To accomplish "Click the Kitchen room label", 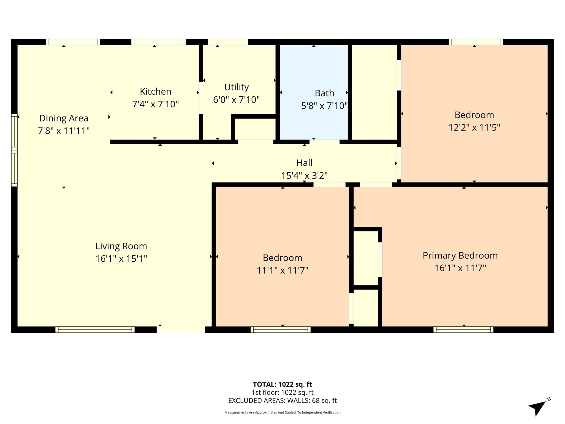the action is pos(155,91).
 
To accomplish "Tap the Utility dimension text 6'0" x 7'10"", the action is pos(236,99).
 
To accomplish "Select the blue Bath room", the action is pos(314,92).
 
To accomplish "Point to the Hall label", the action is pos(304,163).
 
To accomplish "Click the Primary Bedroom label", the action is pos(460,256).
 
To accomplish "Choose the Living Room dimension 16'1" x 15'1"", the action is pos(121,259).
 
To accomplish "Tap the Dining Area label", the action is pos(64,118).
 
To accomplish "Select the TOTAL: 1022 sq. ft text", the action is pos(282,384).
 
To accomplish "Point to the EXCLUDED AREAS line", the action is pos(282,401).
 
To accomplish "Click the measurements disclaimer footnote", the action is pos(282,412).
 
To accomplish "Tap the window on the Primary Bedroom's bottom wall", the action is pos(463,330).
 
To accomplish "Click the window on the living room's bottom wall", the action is pos(95,330).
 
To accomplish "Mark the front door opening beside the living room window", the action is pos(181,330).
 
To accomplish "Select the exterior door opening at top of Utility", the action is pos(228,42).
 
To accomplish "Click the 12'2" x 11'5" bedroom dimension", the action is pos(474,128).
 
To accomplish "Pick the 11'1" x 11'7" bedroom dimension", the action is pos(282,270).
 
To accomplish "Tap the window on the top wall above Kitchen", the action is pos(158,42).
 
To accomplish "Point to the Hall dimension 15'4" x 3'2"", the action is pos(304,176).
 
